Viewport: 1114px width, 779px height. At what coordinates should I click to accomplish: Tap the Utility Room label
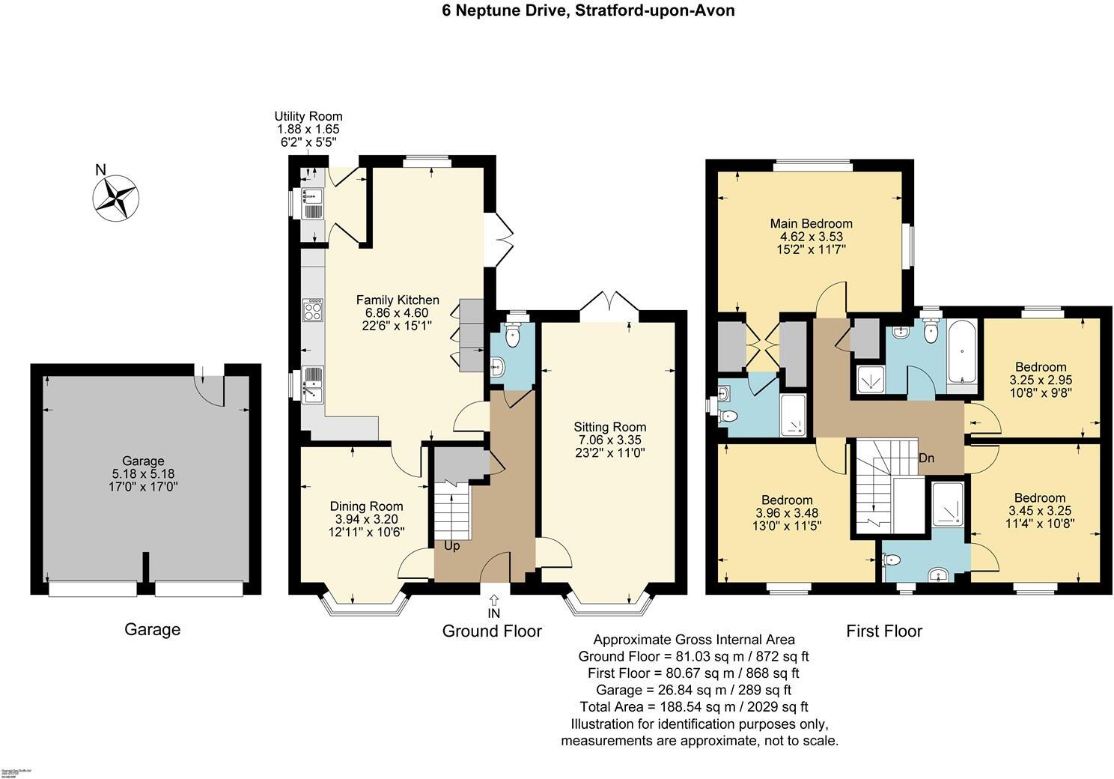click(x=308, y=117)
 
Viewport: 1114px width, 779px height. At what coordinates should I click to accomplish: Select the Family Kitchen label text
click(x=397, y=300)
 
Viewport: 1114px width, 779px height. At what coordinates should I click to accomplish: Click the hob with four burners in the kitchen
click(x=312, y=309)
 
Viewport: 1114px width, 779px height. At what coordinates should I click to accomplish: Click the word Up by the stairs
click(x=452, y=546)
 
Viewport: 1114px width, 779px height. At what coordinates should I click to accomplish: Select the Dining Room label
click(x=367, y=506)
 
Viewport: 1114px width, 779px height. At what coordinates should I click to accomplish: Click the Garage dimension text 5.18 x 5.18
click(x=143, y=473)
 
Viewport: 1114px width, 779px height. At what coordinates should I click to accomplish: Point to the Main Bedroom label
click(x=812, y=223)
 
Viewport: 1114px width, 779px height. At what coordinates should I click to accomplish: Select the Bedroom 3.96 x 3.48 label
click(x=787, y=500)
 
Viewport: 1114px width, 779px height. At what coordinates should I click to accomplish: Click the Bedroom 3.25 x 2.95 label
click(x=1041, y=367)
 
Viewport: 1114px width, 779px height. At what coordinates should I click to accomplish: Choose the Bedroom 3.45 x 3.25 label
click(x=1040, y=498)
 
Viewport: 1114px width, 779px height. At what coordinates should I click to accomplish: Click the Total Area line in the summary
click(x=693, y=706)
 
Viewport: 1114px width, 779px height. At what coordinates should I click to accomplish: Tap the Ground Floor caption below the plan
click(x=492, y=631)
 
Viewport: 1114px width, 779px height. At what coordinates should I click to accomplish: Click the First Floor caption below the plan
click(x=884, y=631)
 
